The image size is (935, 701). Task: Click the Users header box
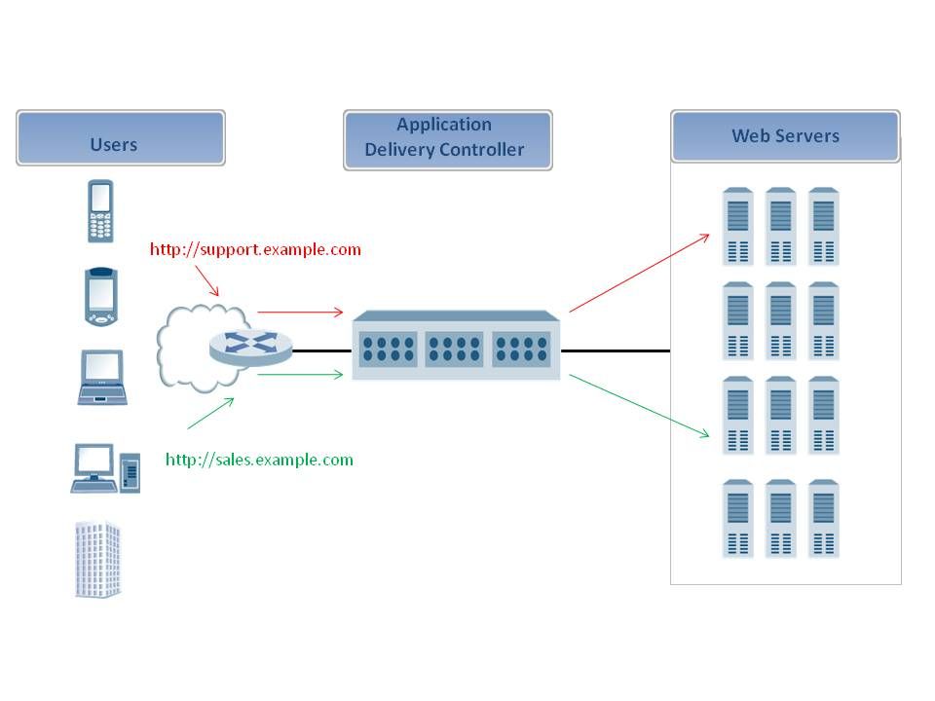[x=120, y=137]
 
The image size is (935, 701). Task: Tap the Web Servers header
[x=785, y=136]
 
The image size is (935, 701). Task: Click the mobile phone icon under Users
[x=100, y=210]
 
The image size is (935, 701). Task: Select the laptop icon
[x=102, y=377]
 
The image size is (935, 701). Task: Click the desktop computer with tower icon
[x=105, y=468]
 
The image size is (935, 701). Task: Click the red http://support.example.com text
[x=255, y=249]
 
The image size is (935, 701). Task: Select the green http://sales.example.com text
[x=259, y=460]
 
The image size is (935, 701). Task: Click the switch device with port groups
[x=456, y=346]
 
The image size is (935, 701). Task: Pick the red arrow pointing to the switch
[x=300, y=313]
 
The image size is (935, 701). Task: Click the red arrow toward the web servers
[x=639, y=273]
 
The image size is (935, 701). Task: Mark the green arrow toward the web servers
[x=639, y=406]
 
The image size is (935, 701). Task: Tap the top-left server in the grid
[x=738, y=227]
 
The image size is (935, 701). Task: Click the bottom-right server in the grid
[x=824, y=518]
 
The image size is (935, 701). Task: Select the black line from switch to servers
[x=616, y=350]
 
